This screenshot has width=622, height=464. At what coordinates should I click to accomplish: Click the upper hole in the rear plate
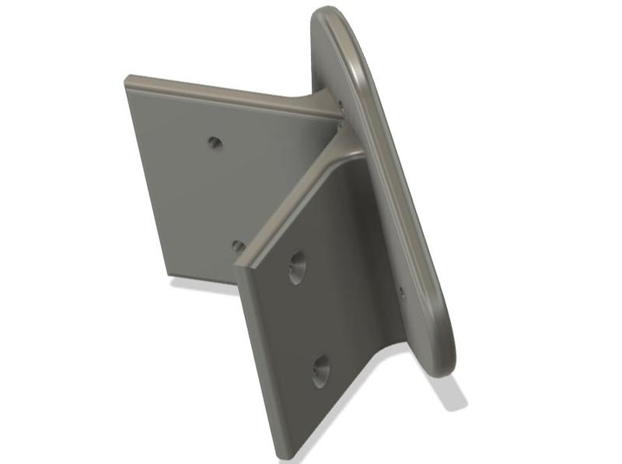point(215,143)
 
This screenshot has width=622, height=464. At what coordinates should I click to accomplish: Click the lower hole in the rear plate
point(238,247)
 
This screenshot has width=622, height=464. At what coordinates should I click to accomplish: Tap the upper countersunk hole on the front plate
point(296,268)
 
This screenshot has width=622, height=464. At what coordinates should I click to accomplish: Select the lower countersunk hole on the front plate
point(320,371)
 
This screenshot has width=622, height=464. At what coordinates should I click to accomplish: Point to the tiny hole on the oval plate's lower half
point(402,293)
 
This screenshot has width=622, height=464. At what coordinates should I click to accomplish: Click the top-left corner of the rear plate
point(127,78)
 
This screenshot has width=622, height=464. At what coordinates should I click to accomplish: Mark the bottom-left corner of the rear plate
point(166,273)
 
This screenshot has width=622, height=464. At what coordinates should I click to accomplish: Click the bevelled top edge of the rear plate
point(225,93)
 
